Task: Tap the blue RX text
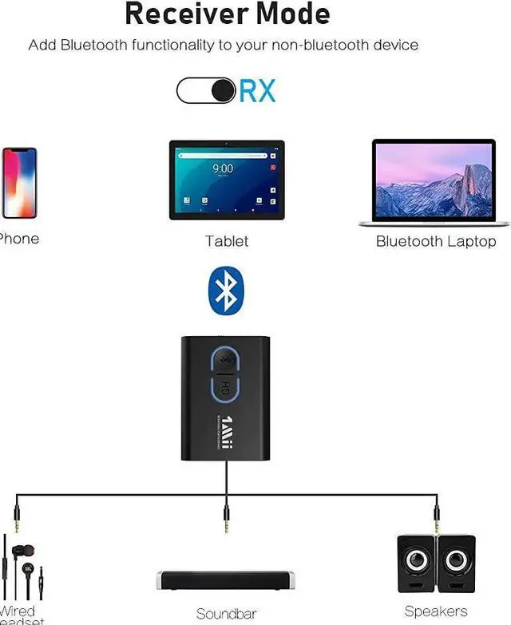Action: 257,90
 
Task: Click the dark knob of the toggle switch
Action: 224,90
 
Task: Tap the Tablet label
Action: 227,241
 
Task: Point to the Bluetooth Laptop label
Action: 436,241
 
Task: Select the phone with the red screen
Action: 19,183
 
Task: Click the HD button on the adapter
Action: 225,389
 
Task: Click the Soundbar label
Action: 226,614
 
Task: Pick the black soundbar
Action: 227,580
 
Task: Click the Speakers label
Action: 436,611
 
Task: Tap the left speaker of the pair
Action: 416,564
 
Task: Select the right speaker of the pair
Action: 457,564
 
